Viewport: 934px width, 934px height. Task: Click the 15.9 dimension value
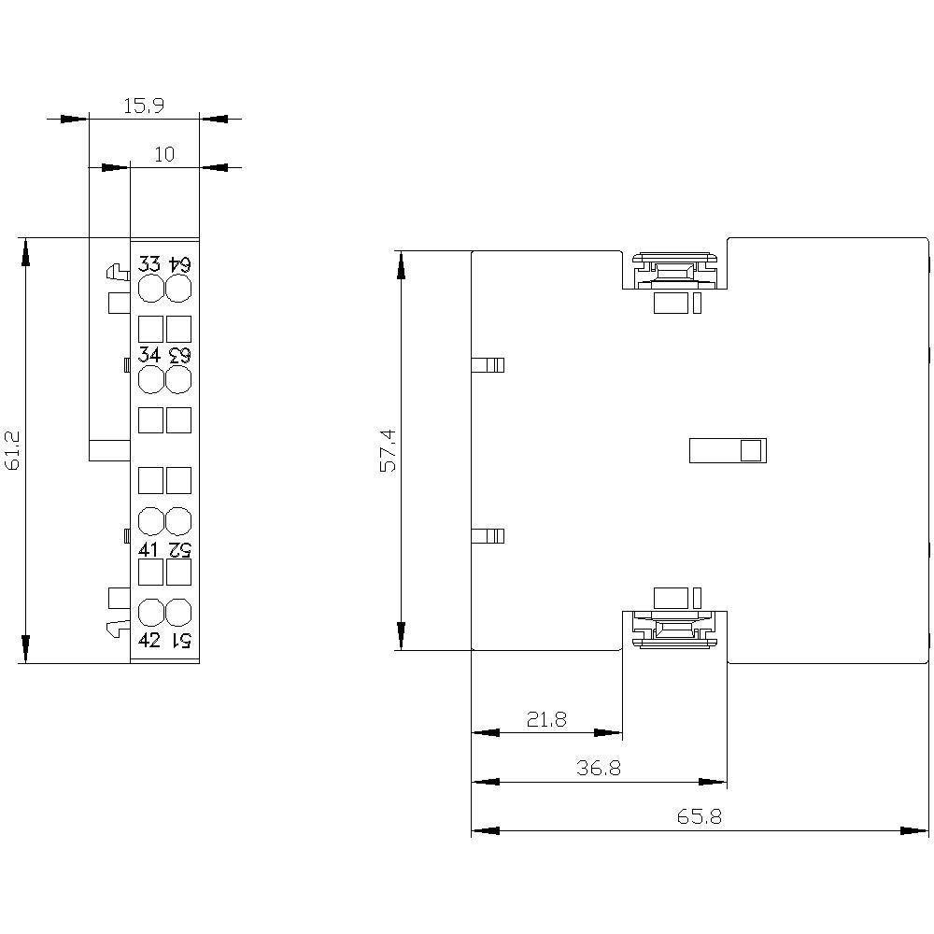(144, 106)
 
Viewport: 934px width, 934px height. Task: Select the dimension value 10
(164, 155)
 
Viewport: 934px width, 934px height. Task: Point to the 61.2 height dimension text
(13, 451)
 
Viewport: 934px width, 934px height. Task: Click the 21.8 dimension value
(546, 719)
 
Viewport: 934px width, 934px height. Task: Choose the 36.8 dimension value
(599, 769)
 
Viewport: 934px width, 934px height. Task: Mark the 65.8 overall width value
(700, 817)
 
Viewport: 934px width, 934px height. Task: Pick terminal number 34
(149, 356)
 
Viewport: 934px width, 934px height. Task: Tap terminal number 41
(149, 549)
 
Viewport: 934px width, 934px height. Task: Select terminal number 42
(149, 640)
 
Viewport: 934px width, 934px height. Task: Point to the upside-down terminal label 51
(179, 640)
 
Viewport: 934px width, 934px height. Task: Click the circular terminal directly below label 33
(150, 289)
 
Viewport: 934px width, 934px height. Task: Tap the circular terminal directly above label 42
(150, 613)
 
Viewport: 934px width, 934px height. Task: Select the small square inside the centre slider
(750, 451)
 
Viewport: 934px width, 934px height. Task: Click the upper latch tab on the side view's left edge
(488, 364)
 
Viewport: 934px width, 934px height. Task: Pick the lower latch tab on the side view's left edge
(488, 536)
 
